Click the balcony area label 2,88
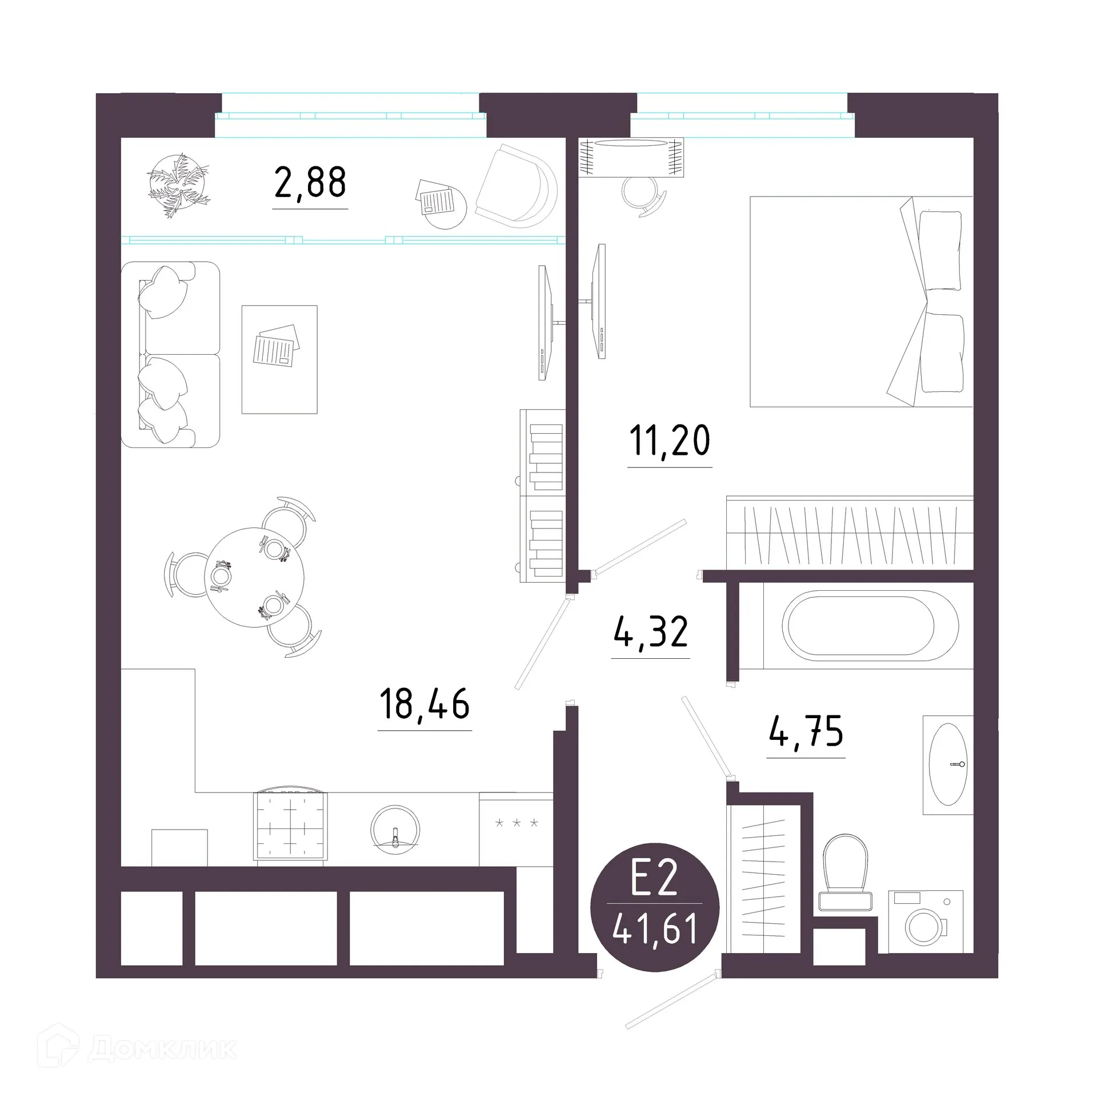[x=310, y=183]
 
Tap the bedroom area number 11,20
[x=670, y=441]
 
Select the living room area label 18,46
[x=425, y=704]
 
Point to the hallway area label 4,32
[x=651, y=632]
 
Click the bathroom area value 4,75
[x=806, y=732]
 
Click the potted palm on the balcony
[x=178, y=186]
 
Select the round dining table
[x=254, y=577]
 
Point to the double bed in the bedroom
[x=860, y=302]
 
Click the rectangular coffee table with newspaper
[x=279, y=359]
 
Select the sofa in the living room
[x=170, y=354]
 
